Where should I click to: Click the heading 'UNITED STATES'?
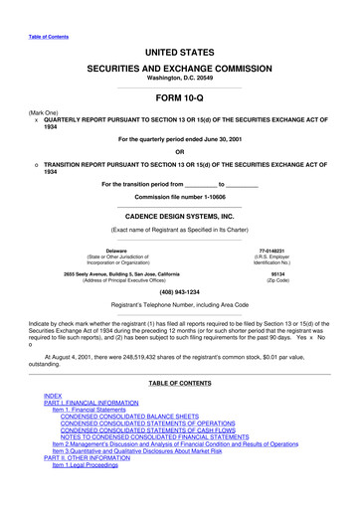coord(179,50)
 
